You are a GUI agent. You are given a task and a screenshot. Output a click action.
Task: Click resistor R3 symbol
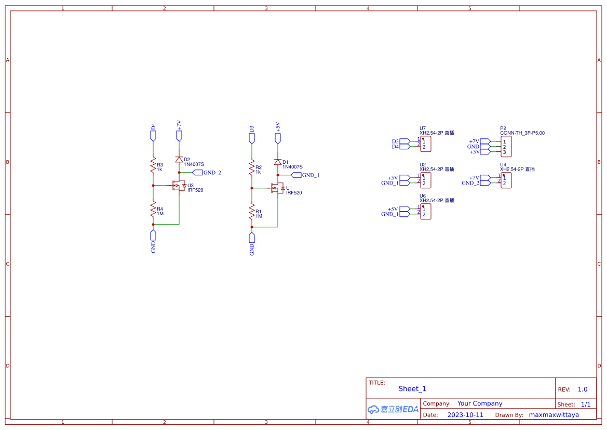point(153,166)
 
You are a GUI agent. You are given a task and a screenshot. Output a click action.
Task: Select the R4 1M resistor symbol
point(153,210)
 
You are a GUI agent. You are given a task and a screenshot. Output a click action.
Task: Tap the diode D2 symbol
point(179,159)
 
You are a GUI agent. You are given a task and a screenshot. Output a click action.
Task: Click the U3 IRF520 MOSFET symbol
point(179,186)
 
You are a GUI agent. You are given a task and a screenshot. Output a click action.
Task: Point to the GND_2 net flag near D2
point(197,173)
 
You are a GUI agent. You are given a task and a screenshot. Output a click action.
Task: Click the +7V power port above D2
point(179,135)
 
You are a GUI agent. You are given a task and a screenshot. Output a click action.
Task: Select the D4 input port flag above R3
point(153,135)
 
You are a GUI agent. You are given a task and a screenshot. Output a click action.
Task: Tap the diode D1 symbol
point(278,162)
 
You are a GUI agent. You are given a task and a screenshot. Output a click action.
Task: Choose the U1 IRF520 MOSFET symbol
point(277,188)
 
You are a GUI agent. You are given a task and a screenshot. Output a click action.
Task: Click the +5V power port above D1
point(278,138)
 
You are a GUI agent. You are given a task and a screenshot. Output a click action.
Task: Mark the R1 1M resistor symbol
point(252,213)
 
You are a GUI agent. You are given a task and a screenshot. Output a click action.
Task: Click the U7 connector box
point(426,144)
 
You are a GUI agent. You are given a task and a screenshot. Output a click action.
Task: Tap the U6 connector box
point(426,212)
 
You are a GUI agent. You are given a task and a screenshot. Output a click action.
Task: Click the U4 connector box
point(506,180)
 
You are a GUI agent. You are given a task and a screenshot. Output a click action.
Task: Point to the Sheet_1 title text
point(412,389)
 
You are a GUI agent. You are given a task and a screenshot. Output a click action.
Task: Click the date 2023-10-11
point(465,415)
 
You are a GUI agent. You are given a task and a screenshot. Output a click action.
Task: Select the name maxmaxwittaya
point(554,415)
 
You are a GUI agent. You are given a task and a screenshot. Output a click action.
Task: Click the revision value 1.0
point(583,389)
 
